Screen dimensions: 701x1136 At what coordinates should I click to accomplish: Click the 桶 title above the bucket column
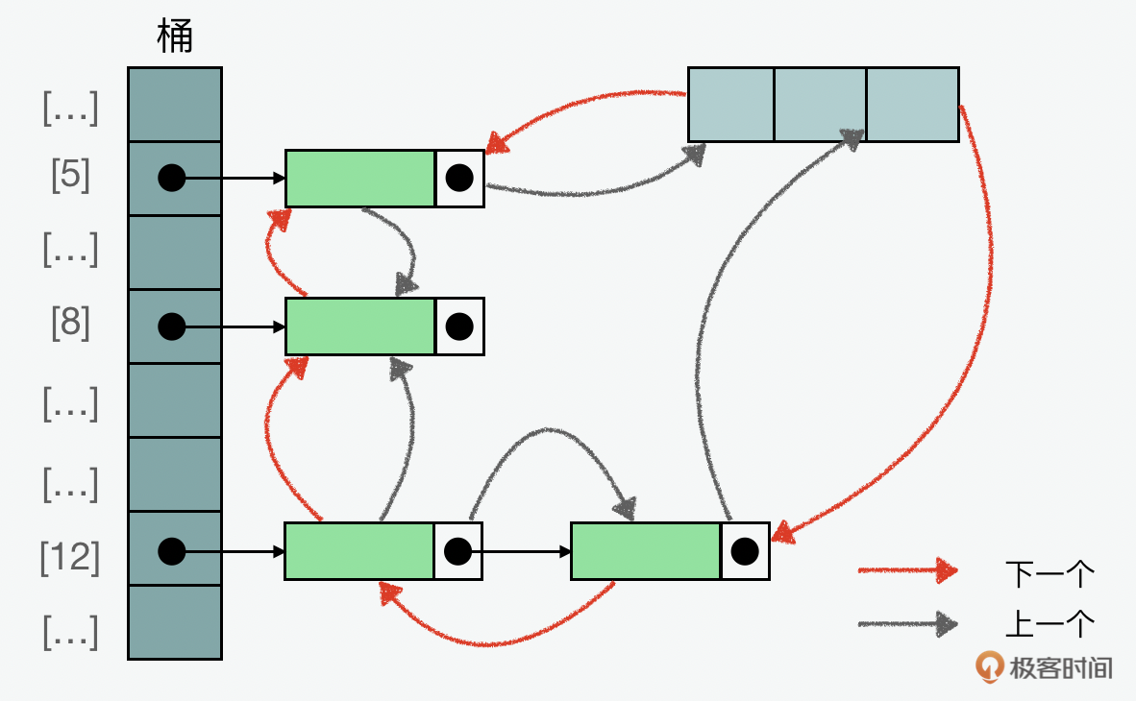coord(175,37)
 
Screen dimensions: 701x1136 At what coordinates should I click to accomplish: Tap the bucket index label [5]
coord(70,178)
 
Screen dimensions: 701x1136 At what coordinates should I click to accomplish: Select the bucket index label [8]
coord(70,326)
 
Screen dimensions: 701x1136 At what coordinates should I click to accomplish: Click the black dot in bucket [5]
coord(171,178)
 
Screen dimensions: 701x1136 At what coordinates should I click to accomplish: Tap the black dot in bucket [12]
coord(171,551)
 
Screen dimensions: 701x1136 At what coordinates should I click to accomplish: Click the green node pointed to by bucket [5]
coord(360,178)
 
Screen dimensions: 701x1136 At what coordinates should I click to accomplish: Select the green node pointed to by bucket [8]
coord(360,326)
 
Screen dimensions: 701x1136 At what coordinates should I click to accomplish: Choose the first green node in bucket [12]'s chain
coord(359,551)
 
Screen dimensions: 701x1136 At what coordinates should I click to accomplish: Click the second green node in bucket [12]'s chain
coord(646,551)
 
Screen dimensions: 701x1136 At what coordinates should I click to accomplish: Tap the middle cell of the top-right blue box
coord(820,105)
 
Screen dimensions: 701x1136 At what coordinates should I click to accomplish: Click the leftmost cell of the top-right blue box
coord(731,105)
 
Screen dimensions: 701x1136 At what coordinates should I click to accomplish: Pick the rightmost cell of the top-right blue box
coord(912,105)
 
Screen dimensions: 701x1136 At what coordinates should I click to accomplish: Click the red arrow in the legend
coord(907,571)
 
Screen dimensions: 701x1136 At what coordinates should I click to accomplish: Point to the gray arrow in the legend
coord(907,625)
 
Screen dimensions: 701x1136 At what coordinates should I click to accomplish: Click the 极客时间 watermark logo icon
coord(988,666)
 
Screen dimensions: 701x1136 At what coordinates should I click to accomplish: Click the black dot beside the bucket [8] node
coord(459,326)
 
